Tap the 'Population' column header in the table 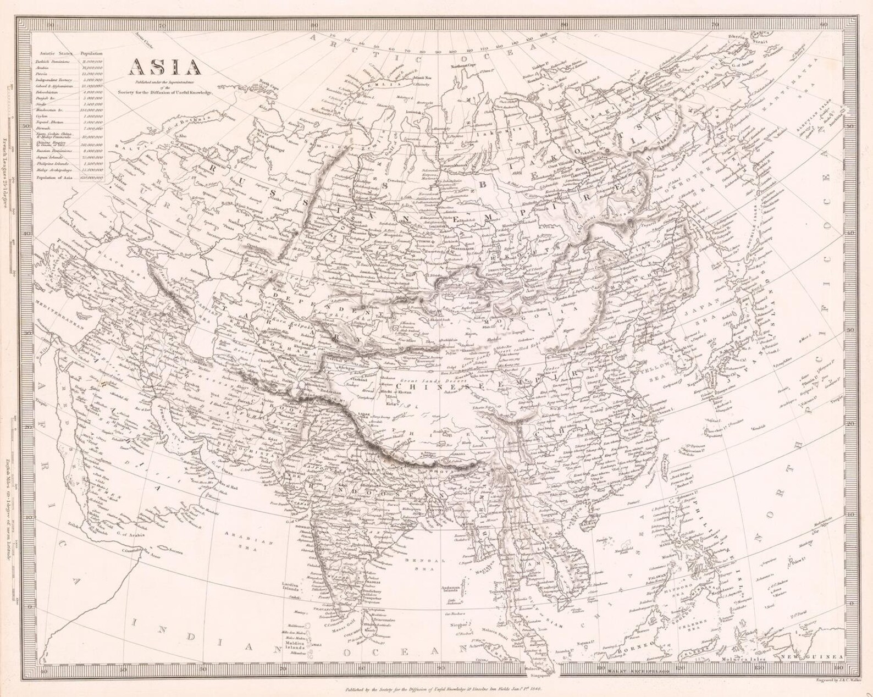(x=91, y=53)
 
